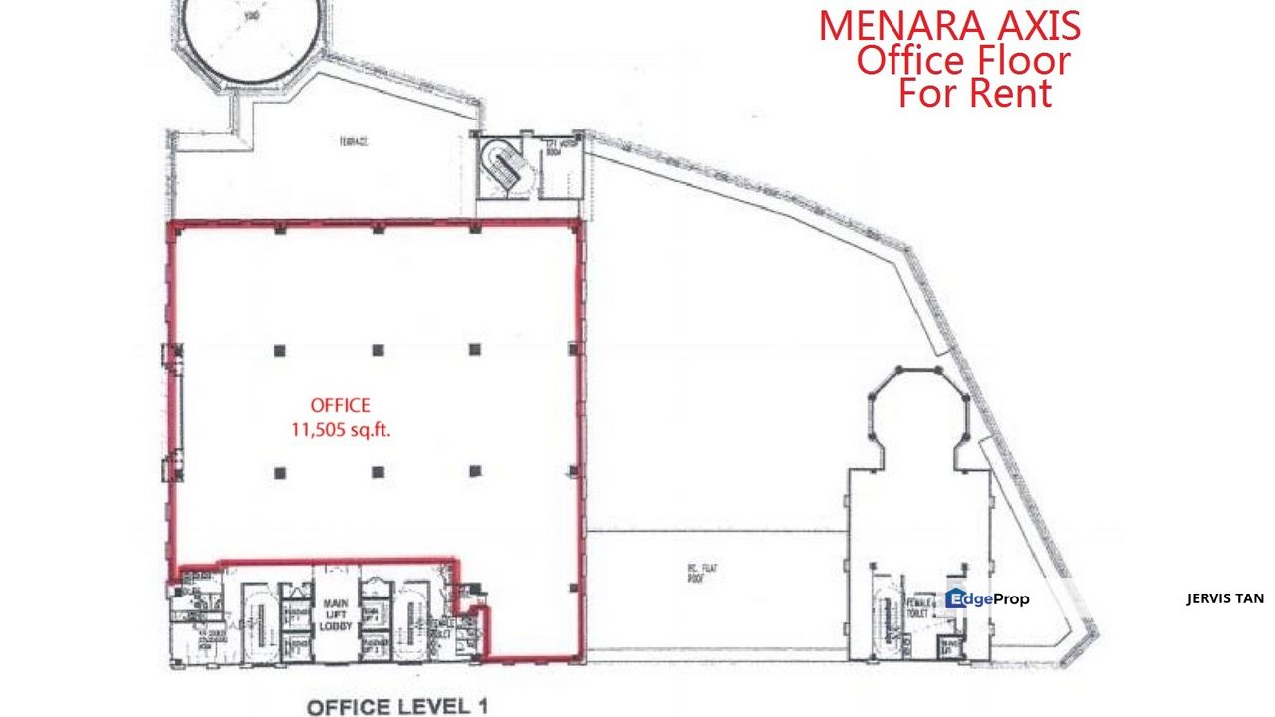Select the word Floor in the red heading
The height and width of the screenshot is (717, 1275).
1020,60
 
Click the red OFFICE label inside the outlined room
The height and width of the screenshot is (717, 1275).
340,405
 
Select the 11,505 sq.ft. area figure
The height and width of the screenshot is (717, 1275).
340,431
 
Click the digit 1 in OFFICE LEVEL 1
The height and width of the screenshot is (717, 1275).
483,706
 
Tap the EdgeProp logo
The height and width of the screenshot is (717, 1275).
987,598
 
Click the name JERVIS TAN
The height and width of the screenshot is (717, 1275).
1225,598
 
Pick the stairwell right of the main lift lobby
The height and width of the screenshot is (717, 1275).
410,617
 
